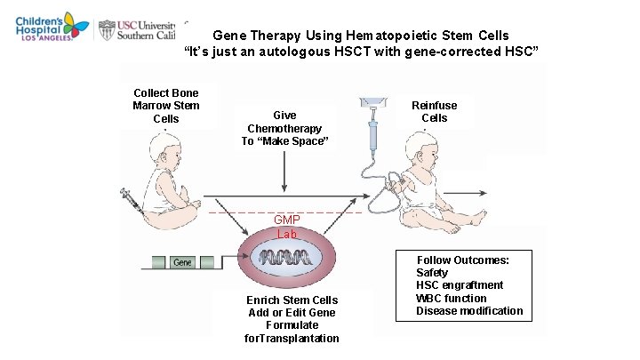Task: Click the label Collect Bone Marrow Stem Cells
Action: coord(166,106)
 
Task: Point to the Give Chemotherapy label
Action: coord(284,128)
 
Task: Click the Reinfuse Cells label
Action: coord(435,112)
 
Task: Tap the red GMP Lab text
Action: coord(286,227)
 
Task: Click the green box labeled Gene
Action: coord(182,262)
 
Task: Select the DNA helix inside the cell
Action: coord(285,259)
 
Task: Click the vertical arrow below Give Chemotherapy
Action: coord(284,172)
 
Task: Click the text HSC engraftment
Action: coord(460,285)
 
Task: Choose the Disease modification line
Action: coord(469,311)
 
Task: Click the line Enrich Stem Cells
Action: coord(292,300)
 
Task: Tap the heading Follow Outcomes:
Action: coord(463,260)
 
